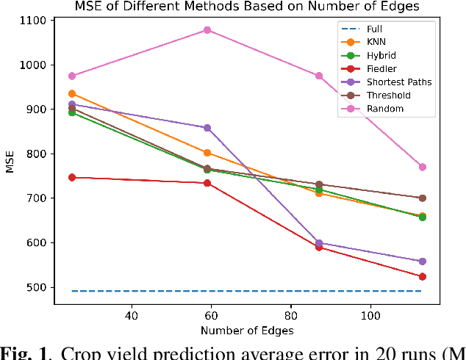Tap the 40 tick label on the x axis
click(132, 315)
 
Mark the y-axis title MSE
click(10, 162)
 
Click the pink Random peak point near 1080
click(207, 30)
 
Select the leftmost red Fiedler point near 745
click(72, 177)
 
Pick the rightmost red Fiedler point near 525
click(422, 276)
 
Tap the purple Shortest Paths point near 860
click(207, 128)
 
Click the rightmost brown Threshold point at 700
click(422, 198)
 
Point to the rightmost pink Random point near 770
click(422, 167)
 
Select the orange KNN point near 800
click(207, 153)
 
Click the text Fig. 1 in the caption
click(23, 351)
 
